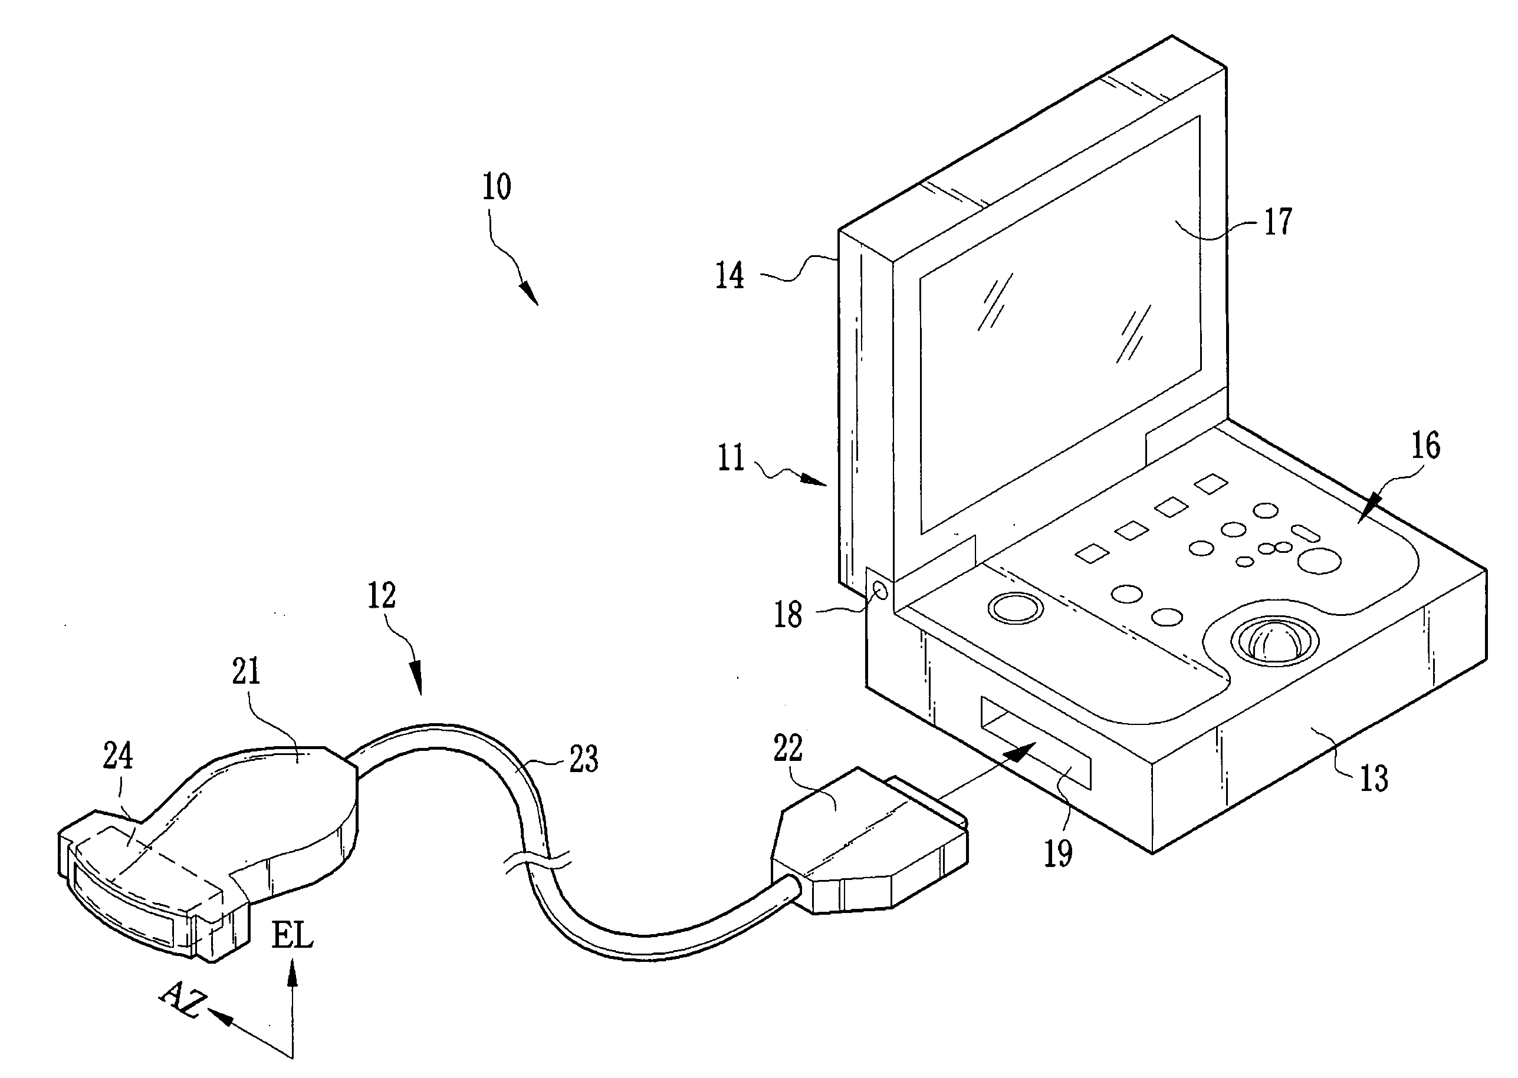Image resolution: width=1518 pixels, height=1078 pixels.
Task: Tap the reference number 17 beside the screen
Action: click(1277, 222)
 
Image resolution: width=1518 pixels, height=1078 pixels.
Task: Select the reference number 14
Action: click(729, 275)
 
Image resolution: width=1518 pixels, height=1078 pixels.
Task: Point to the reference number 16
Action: click(1425, 446)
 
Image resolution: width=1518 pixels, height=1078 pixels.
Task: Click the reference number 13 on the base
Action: click(1374, 778)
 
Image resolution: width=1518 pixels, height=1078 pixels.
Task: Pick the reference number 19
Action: click(1058, 853)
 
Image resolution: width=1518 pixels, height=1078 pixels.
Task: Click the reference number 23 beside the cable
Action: click(584, 759)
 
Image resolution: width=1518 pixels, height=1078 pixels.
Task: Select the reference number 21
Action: click(246, 671)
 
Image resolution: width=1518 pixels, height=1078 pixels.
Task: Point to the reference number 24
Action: click(117, 756)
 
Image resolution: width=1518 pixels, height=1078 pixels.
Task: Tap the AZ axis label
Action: click(182, 1000)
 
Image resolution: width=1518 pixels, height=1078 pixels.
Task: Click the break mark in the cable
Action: click(538, 862)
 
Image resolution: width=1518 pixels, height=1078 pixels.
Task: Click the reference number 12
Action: click(382, 595)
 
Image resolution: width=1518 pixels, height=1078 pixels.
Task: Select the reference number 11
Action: click(731, 457)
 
